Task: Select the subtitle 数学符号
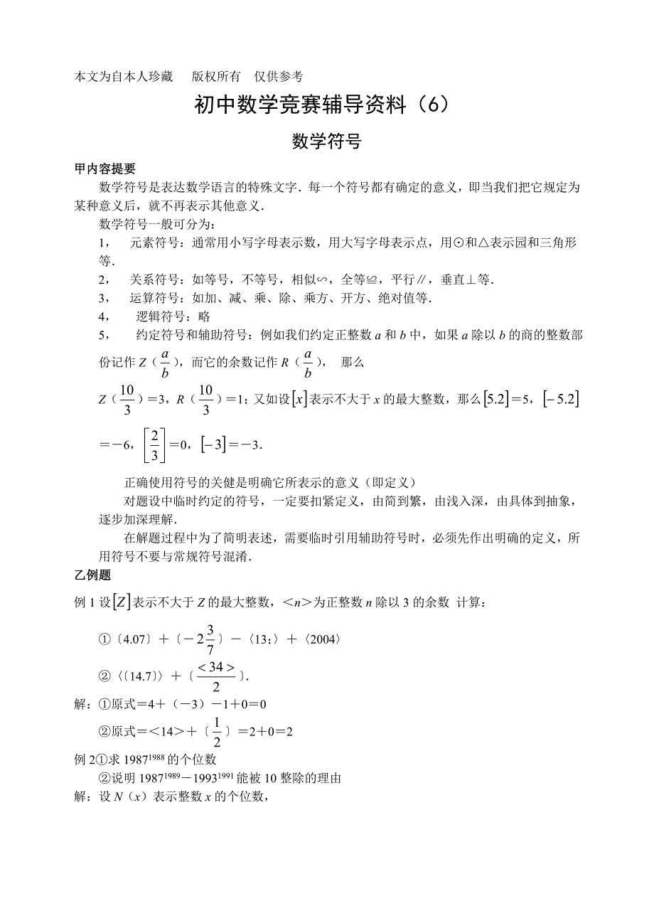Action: point(327,142)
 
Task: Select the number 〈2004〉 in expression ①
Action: point(324,639)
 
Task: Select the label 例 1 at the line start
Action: point(85,603)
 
